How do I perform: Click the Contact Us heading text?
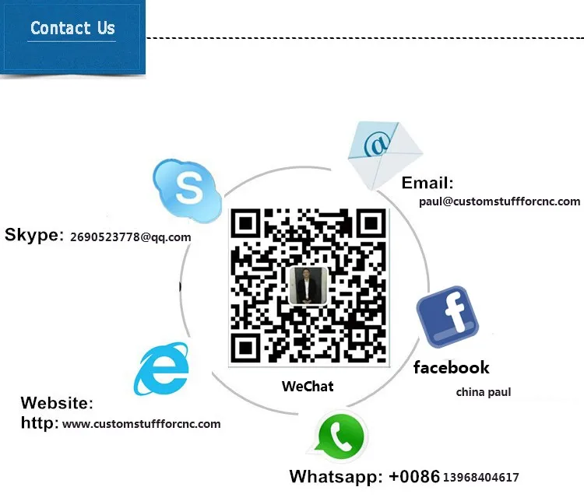pos(72,29)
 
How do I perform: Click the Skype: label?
pos(34,235)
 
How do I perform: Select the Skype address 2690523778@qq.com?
pos(130,237)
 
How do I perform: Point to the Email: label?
pos(427,183)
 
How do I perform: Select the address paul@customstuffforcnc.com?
pos(499,201)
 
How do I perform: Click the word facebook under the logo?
pos(451,367)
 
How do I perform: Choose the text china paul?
pos(483,392)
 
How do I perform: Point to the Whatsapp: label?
pos(336,476)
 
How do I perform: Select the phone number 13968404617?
pos(480,477)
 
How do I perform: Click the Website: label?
pos(57,403)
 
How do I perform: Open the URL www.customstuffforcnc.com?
pos(141,424)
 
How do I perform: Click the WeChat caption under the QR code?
pos(308,386)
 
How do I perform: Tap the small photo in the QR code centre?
pos(308,286)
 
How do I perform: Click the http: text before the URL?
pos(40,423)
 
